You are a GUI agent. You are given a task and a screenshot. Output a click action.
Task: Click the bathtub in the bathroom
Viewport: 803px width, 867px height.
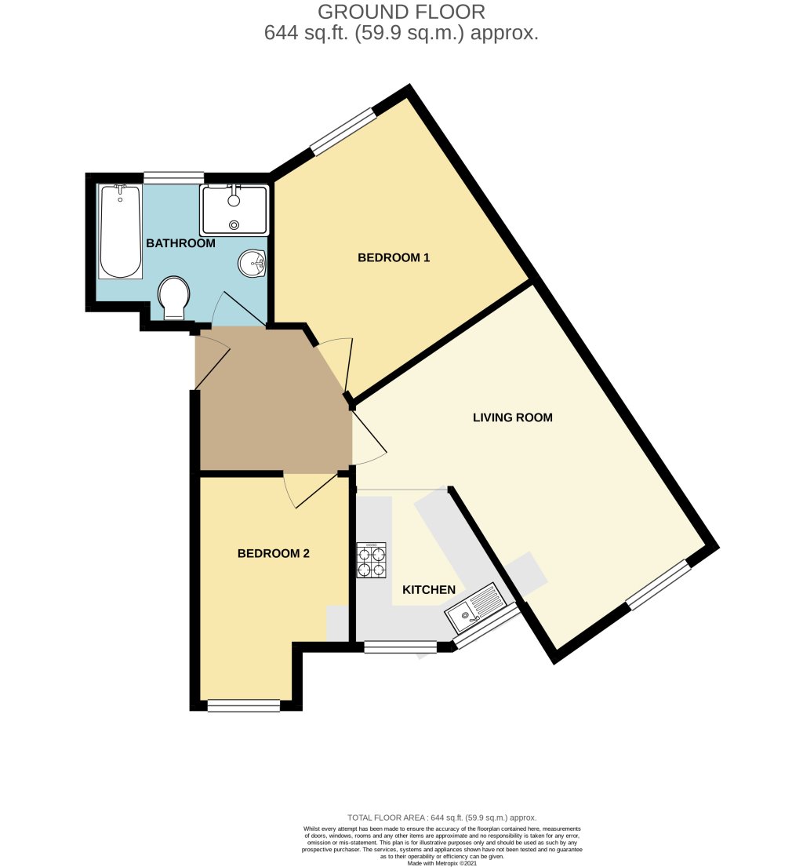[121, 231]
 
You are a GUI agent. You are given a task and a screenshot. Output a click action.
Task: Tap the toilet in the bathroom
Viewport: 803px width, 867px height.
[173, 299]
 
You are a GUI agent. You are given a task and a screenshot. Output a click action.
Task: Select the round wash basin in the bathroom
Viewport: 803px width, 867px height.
[253, 264]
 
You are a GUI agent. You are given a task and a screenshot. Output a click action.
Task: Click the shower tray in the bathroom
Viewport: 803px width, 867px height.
[234, 209]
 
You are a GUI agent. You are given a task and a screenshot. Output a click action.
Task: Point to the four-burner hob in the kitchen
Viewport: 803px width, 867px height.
[372, 561]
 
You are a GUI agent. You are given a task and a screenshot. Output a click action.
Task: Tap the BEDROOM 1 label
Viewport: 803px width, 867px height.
[394, 257]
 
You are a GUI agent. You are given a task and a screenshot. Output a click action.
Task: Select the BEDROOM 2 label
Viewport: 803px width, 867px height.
[274, 553]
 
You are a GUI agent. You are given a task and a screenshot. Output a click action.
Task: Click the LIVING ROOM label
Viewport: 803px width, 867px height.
[512, 417]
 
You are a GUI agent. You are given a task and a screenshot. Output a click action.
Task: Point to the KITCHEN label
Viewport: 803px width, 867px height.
[429, 590]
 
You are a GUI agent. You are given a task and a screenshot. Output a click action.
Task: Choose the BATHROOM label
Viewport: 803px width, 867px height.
[180, 243]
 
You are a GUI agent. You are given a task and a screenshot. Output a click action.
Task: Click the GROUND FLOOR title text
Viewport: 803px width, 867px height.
[401, 13]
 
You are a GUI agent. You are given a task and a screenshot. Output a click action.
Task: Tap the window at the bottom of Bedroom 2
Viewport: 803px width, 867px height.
[244, 706]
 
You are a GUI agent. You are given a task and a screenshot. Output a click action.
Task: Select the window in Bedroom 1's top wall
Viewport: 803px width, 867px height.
[343, 131]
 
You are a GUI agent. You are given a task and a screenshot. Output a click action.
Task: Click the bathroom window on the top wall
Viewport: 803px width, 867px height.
[173, 177]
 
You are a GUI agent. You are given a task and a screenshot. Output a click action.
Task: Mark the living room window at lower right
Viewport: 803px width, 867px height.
[658, 585]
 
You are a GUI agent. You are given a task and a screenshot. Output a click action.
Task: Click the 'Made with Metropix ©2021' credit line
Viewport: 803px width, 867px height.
[441, 862]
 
